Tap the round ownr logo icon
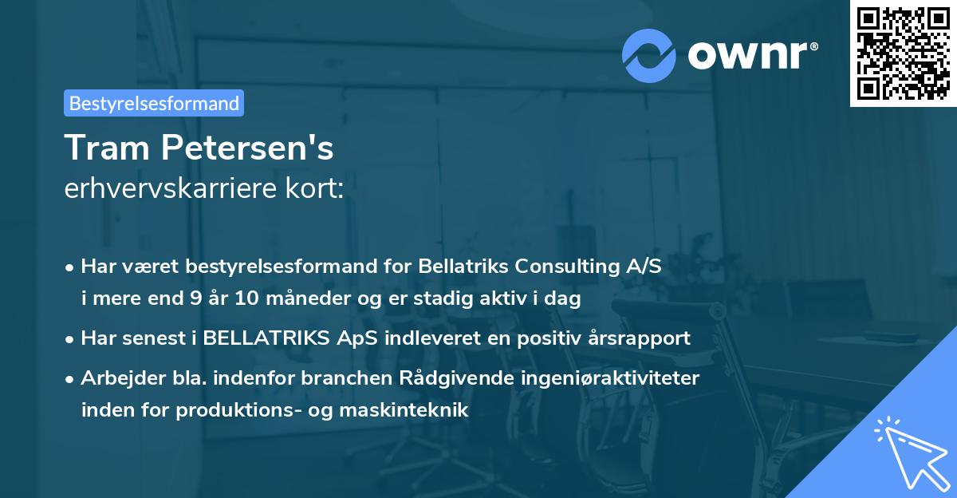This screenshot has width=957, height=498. (648, 55)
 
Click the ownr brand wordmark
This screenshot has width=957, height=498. (751, 55)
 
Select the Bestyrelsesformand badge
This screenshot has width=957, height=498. (154, 103)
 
